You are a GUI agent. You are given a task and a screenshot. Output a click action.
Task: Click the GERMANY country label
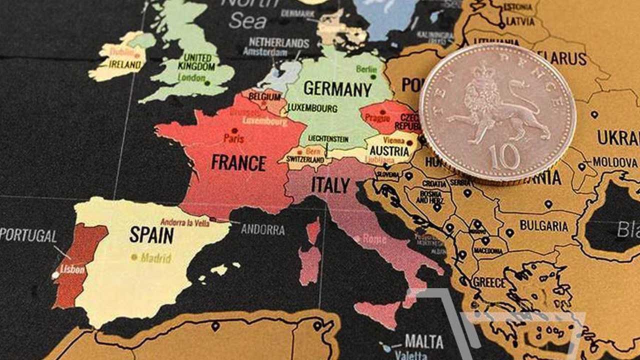click(337, 89)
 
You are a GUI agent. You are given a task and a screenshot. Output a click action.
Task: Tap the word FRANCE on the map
click(238, 162)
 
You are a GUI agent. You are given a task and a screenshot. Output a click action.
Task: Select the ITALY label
click(330, 185)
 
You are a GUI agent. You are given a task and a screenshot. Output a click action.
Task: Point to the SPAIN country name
click(151, 234)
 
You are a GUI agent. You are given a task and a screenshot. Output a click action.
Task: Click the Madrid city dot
click(134, 257)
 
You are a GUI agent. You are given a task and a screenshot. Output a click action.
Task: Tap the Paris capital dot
click(234, 130)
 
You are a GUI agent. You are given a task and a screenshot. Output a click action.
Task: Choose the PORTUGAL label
click(28, 235)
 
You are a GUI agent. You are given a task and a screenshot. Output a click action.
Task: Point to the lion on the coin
click(495, 107)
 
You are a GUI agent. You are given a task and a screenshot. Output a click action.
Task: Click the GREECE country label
click(488, 282)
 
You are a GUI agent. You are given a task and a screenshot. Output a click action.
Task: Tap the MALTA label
click(424, 341)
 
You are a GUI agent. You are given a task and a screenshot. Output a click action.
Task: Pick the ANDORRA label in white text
click(262, 230)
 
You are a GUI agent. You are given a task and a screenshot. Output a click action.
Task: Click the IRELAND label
click(125, 64)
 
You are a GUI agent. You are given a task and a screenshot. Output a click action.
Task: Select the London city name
click(191, 77)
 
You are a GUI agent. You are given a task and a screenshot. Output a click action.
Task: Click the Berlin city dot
click(373, 77)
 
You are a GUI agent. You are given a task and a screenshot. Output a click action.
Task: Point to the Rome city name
click(374, 239)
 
